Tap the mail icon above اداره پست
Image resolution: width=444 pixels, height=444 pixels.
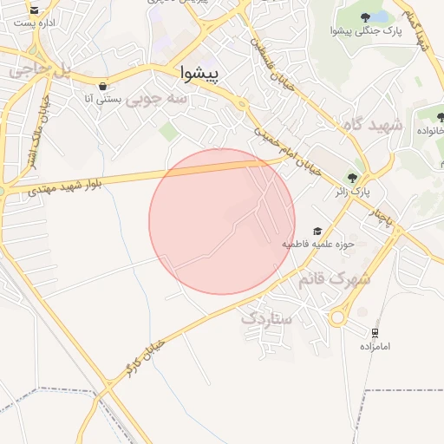pos(35,10)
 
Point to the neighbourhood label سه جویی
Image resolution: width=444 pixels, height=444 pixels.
pos(157,101)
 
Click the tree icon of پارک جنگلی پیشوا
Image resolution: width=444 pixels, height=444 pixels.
pos(367,16)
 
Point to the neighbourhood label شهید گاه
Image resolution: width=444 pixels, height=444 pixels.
pos(373,126)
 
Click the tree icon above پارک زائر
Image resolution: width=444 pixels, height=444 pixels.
pos(351,174)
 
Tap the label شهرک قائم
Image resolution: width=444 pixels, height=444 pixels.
pos(335,280)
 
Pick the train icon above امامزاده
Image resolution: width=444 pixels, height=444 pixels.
pos(375,332)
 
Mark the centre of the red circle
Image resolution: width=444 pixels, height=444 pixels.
pos(222,221)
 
